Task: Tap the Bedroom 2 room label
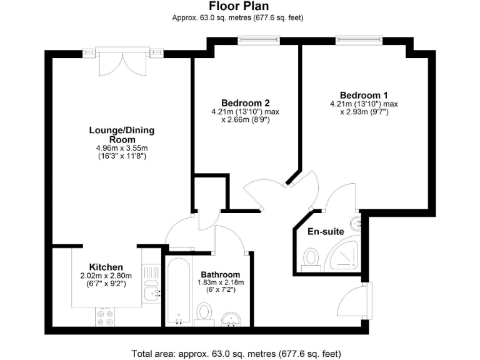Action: pyautogui.click(x=245, y=103)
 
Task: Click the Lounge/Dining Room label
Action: pyautogui.click(x=121, y=134)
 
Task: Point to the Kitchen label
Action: pyautogui.click(x=106, y=267)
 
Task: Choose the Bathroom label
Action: pyautogui.click(x=220, y=274)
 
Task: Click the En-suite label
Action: pyautogui.click(x=326, y=231)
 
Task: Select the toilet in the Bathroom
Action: pyautogui.click(x=204, y=312)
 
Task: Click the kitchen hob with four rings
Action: pyautogui.click(x=105, y=316)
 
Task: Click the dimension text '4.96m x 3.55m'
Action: pyautogui.click(x=121, y=148)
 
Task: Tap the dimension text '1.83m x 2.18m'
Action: pyautogui.click(x=220, y=282)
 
